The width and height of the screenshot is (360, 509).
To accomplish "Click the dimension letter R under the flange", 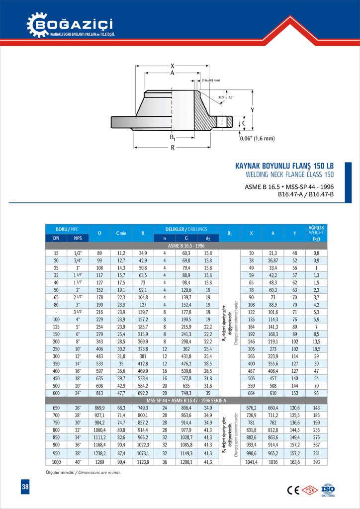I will pos(172,148).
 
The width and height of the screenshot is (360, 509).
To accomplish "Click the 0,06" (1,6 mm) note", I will pos(257,139).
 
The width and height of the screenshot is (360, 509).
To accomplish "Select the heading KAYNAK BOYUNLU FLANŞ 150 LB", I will pos(283,166).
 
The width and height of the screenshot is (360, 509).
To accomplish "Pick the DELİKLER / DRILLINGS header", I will pos(185,229).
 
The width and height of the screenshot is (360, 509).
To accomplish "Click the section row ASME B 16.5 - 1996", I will pos(185,246).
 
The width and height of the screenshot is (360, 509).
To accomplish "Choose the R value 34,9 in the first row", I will pos(143,253).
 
